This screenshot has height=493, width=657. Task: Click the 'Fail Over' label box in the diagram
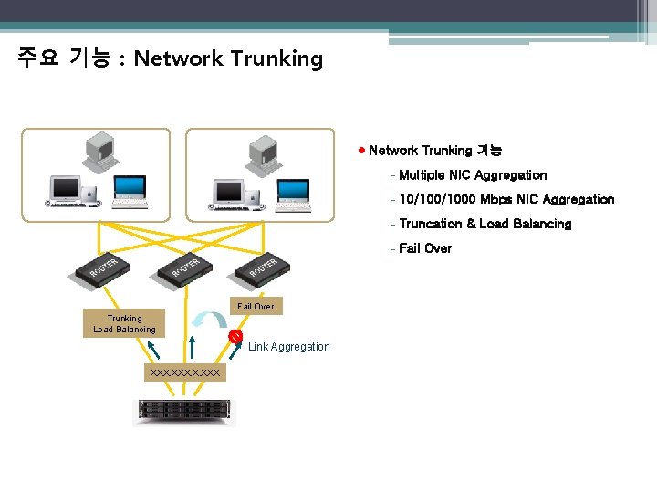(255, 306)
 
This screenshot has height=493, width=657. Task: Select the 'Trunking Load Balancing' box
(124, 324)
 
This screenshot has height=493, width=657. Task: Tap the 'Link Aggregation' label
(288, 347)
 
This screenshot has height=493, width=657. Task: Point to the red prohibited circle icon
(235, 337)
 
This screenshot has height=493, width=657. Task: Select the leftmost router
(99, 267)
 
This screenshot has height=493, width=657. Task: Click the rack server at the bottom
(184, 412)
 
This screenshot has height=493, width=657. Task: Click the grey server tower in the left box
(98, 152)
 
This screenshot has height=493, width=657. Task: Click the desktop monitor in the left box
(68, 190)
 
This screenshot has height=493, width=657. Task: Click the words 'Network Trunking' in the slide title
(228, 59)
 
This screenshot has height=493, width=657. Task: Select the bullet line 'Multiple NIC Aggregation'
(473, 175)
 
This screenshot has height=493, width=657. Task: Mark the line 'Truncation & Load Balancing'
(485, 224)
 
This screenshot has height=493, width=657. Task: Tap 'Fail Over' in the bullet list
(425, 248)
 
